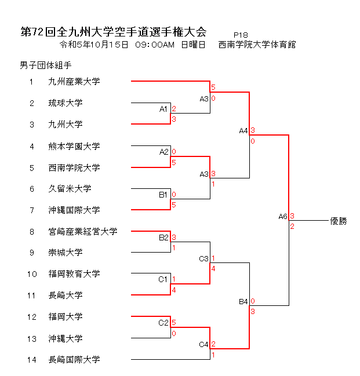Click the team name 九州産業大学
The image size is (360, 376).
coord(74,82)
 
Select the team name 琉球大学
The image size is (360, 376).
coord(66,103)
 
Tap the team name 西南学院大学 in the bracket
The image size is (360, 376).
coord(74,167)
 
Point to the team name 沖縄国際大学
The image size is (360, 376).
coord(74,210)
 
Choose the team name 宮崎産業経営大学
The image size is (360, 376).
coord(83,231)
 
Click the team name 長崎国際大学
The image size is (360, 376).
coord(74,359)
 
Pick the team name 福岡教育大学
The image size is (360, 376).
coord(74,273)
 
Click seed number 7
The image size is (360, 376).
coord(32,210)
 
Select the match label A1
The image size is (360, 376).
coord(163,109)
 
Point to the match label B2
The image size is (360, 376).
coord(163,237)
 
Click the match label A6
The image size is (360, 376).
coord(283,217)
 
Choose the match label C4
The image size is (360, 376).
coord(203,345)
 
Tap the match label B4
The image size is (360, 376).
coord(243,302)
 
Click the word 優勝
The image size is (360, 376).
coord(338,221)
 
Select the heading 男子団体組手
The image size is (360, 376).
coord(46,65)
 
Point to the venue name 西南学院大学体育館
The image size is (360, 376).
coord(257,45)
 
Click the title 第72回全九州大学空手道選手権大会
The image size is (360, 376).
coord(113,31)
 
